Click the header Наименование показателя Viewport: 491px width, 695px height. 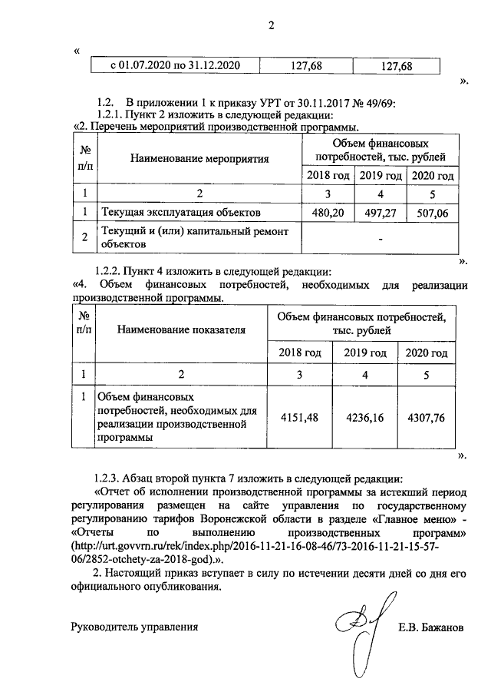(x=182, y=329)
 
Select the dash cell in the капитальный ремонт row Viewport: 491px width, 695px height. (x=379, y=239)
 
